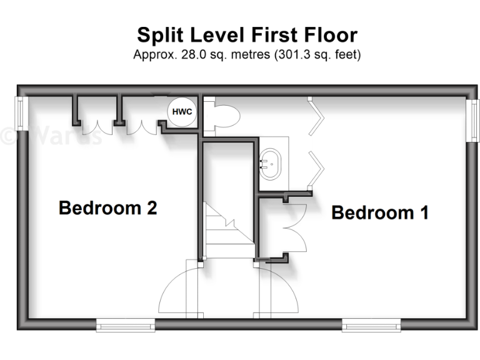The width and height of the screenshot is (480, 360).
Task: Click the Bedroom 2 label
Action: pyautogui.click(x=107, y=207)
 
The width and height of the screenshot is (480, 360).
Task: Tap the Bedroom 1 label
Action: pyautogui.click(x=380, y=212)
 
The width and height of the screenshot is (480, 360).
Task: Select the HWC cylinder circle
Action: pyautogui.click(x=182, y=112)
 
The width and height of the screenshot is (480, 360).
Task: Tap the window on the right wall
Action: pyautogui.click(x=474, y=119)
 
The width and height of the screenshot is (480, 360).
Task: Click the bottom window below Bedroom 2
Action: pyautogui.click(x=126, y=324)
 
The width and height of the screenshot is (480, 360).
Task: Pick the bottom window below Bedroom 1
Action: pyautogui.click(x=371, y=324)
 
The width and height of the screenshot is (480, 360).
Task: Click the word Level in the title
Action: pyautogui.click(x=229, y=34)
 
